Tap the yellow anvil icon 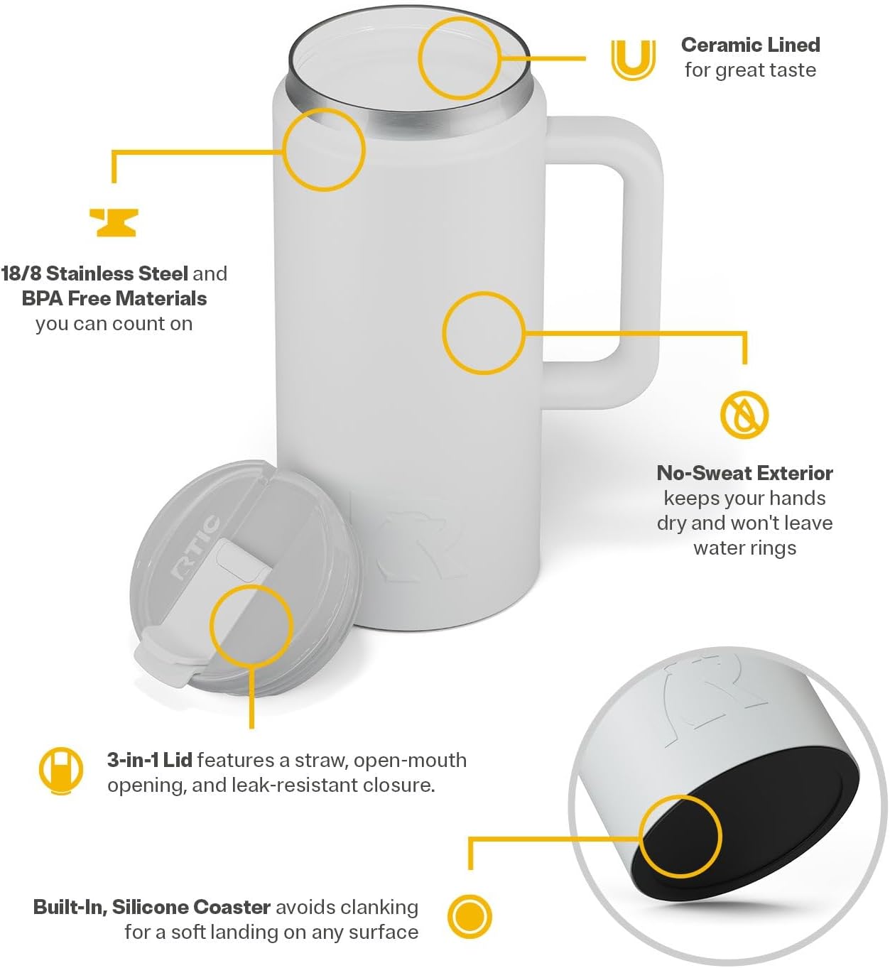[x=114, y=222]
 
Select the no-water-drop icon [x=744, y=415]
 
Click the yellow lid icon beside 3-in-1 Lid [x=61, y=771]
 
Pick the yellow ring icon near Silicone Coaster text [x=470, y=916]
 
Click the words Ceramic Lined [x=751, y=45]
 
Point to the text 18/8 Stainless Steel [x=94, y=273]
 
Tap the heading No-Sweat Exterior [x=744, y=474]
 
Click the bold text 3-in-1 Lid [x=150, y=760]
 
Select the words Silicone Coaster [x=191, y=907]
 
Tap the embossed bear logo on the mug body [x=419, y=545]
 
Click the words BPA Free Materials [x=114, y=299]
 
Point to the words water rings [x=744, y=548]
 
